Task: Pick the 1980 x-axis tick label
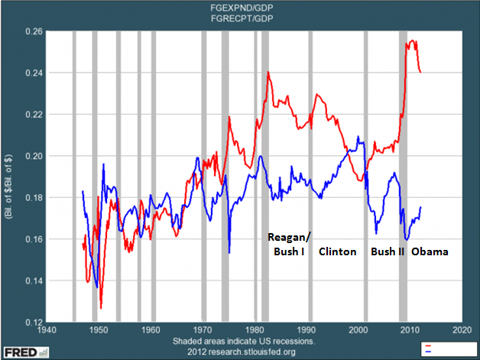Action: [255, 330]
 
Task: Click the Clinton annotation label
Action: [337, 251]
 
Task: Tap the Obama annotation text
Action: [430, 251]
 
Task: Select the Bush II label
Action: [388, 251]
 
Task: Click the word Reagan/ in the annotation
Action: [286, 235]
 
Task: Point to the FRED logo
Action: [24, 350]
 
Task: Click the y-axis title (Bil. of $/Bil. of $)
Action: [11, 177]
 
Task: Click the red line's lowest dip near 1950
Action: [101, 308]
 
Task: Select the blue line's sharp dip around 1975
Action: [229, 252]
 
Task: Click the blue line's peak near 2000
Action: [358, 138]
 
